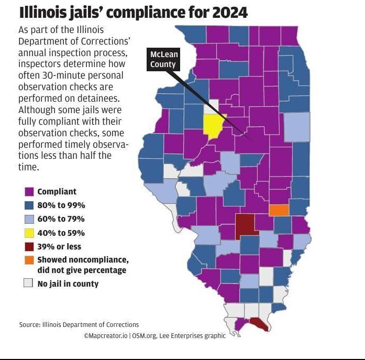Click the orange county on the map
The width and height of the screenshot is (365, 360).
pos(279,210)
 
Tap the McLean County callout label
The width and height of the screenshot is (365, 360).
pos(163,60)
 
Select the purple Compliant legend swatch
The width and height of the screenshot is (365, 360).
pos(29,192)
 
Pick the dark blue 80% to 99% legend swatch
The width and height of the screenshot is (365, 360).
pos(29,205)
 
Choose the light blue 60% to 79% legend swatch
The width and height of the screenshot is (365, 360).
pos(29,219)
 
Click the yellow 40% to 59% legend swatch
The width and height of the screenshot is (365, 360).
pos(29,233)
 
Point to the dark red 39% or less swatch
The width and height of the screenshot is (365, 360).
pos(29,246)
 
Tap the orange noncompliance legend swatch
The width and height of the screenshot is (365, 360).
pos(29,260)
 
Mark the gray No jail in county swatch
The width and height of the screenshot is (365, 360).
pos(29,283)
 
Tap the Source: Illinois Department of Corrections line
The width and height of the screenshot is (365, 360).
pos(79,324)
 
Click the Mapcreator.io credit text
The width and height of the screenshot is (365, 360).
pos(107,335)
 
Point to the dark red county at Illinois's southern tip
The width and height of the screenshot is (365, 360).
pos(259,325)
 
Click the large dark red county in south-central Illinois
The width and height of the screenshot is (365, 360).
pos(244,225)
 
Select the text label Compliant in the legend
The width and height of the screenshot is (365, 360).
pos(57,192)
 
